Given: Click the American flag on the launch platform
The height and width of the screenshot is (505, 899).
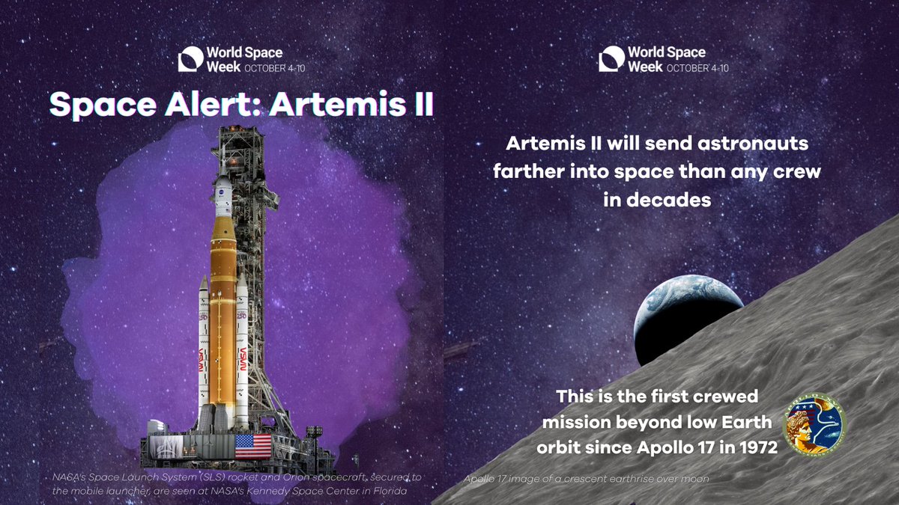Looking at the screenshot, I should tap(253, 445).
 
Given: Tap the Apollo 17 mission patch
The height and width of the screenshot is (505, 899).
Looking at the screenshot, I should tap(813, 426).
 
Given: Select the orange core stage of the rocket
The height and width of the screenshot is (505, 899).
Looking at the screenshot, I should tap(223, 314).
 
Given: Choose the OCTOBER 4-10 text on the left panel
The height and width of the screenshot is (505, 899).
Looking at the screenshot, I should tap(274, 67).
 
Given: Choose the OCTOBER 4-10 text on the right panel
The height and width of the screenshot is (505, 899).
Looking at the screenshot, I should tap(697, 67).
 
